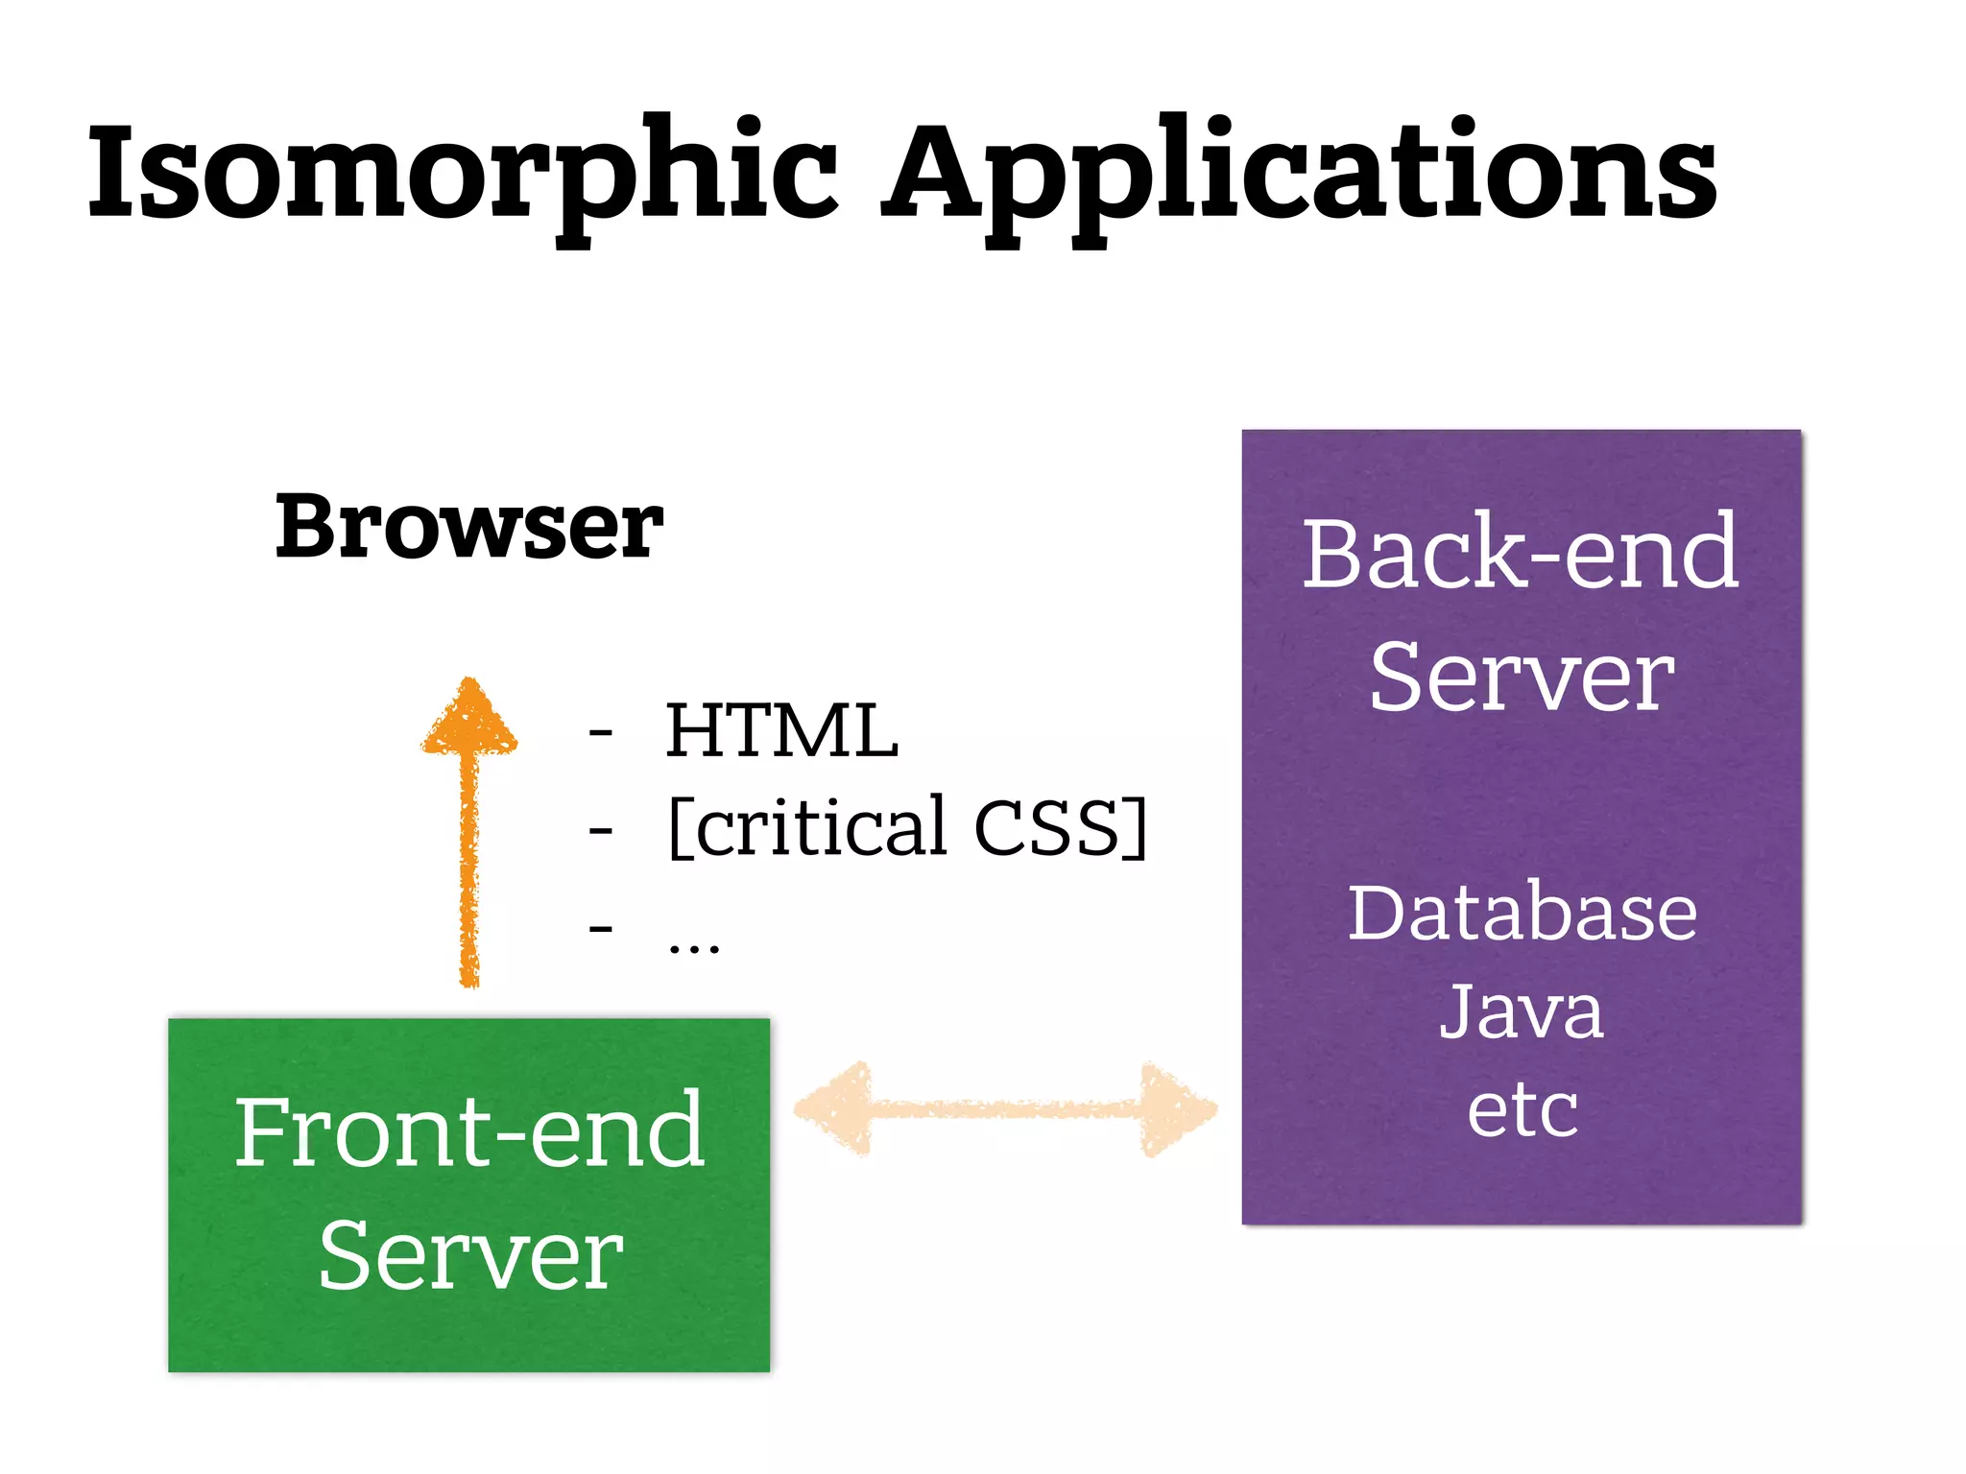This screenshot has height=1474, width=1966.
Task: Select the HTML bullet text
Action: point(781,731)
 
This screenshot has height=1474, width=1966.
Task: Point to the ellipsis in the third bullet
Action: point(693,946)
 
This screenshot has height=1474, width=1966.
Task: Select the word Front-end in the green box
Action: point(469,1132)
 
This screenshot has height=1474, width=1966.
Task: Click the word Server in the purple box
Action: point(1521,678)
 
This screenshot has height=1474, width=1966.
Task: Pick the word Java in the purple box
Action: point(1521,1011)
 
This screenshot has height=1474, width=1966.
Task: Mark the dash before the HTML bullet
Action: point(601,734)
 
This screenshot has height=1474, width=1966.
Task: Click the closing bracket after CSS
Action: point(1137,827)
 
